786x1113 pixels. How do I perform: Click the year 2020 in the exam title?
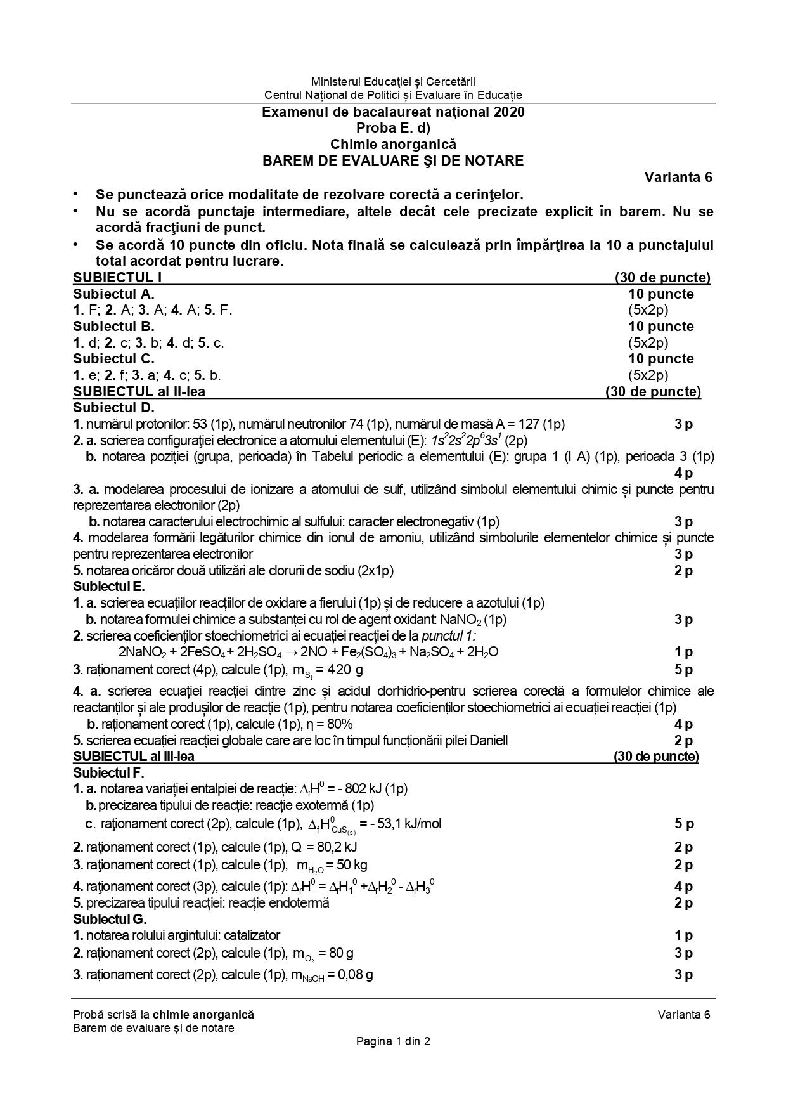pos(508,112)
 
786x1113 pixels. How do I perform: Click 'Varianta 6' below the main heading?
pos(678,177)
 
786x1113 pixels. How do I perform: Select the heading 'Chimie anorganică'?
pos(393,145)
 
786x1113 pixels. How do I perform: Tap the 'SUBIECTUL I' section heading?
pos(113,278)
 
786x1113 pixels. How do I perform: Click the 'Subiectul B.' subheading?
pos(113,327)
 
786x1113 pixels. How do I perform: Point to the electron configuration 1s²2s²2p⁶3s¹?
pos(467,440)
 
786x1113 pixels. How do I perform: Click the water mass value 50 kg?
pos(352,865)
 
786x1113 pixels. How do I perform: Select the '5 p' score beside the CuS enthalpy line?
pos(683,824)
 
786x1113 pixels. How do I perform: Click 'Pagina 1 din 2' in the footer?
pos(393,1041)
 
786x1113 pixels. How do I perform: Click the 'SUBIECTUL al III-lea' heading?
pos(134,757)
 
